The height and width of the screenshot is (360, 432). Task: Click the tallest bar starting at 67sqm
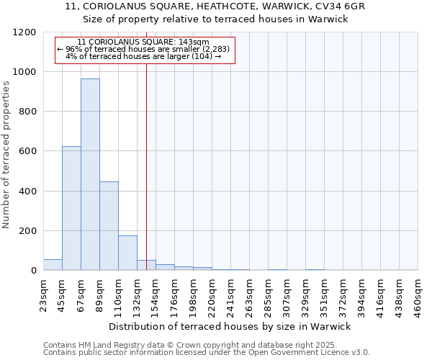[x=90, y=174]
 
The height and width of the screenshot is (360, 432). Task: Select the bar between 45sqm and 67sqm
[x=71, y=208]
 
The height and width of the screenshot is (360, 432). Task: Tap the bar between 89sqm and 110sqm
[x=109, y=225]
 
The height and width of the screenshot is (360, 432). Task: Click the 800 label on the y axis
[x=27, y=112]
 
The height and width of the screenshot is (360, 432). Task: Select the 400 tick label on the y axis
[x=27, y=192]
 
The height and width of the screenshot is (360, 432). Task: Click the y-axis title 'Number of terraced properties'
[x=6, y=155]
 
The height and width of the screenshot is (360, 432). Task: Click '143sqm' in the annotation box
[x=195, y=42]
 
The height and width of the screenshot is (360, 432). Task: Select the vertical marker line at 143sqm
[x=146, y=166]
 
